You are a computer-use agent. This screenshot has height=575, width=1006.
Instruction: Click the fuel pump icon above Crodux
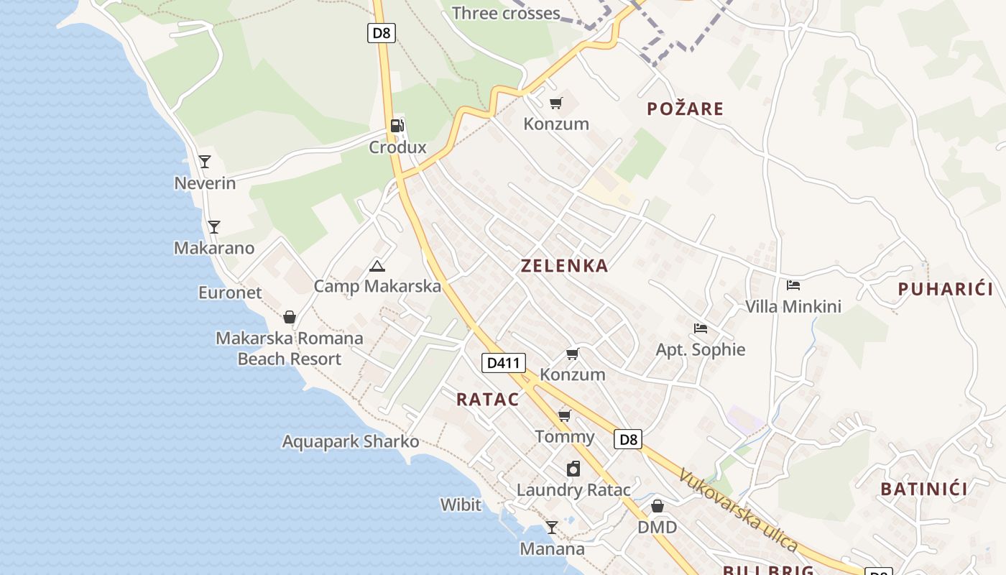397,126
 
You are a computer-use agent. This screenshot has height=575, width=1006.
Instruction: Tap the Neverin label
205,183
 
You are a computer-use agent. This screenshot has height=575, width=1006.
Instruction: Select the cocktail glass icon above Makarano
213,227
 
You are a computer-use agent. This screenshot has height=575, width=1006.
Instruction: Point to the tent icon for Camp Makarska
377,267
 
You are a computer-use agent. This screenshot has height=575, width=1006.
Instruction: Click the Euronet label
230,293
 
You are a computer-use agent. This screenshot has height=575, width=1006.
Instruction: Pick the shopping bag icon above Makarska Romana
290,317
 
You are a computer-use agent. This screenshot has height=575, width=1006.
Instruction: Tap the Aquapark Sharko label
351,441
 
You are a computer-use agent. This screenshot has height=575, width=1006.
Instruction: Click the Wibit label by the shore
461,505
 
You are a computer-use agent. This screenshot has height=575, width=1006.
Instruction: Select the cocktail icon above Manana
551,528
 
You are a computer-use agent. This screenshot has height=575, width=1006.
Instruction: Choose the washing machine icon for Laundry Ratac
573,469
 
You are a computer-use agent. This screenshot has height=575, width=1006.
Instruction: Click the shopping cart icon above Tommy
565,415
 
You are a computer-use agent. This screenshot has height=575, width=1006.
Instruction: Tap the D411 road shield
503,363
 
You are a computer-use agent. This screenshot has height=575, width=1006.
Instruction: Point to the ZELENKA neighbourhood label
564,266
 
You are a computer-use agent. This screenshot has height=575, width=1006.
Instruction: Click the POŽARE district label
685,109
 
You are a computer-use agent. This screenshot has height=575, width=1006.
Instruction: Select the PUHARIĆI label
945,290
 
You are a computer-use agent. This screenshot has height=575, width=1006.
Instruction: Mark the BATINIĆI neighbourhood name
924,489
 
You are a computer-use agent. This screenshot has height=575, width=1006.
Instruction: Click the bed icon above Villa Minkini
793,285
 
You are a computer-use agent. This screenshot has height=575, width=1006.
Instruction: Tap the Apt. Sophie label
701,350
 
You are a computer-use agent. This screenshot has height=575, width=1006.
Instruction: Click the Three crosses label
506,13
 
